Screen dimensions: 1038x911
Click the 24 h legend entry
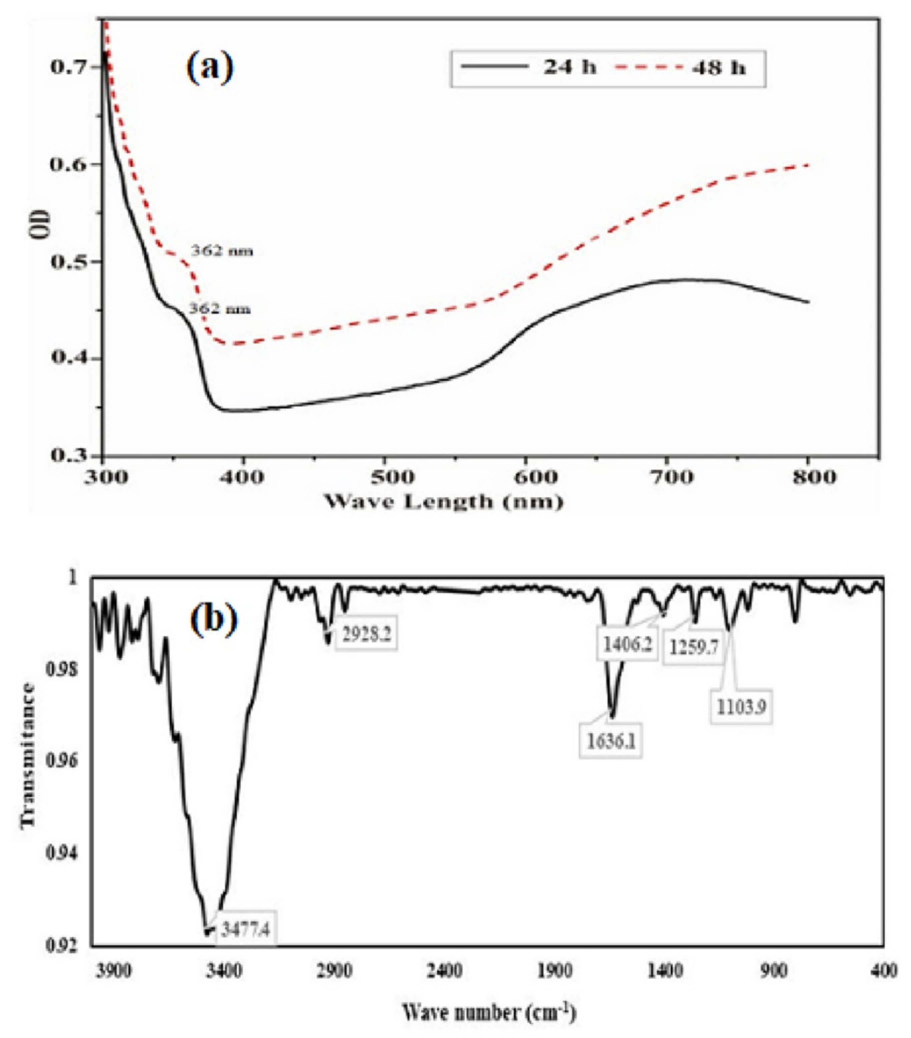click(528, 67)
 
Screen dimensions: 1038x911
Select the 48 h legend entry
click(681, 67)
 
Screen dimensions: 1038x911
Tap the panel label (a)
click(210, 67)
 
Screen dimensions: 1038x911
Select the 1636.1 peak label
click(611, 742)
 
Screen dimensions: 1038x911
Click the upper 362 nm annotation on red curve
click(221, 251)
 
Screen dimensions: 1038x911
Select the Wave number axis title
click(489, 1013)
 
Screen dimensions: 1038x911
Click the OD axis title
click(40, 224)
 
